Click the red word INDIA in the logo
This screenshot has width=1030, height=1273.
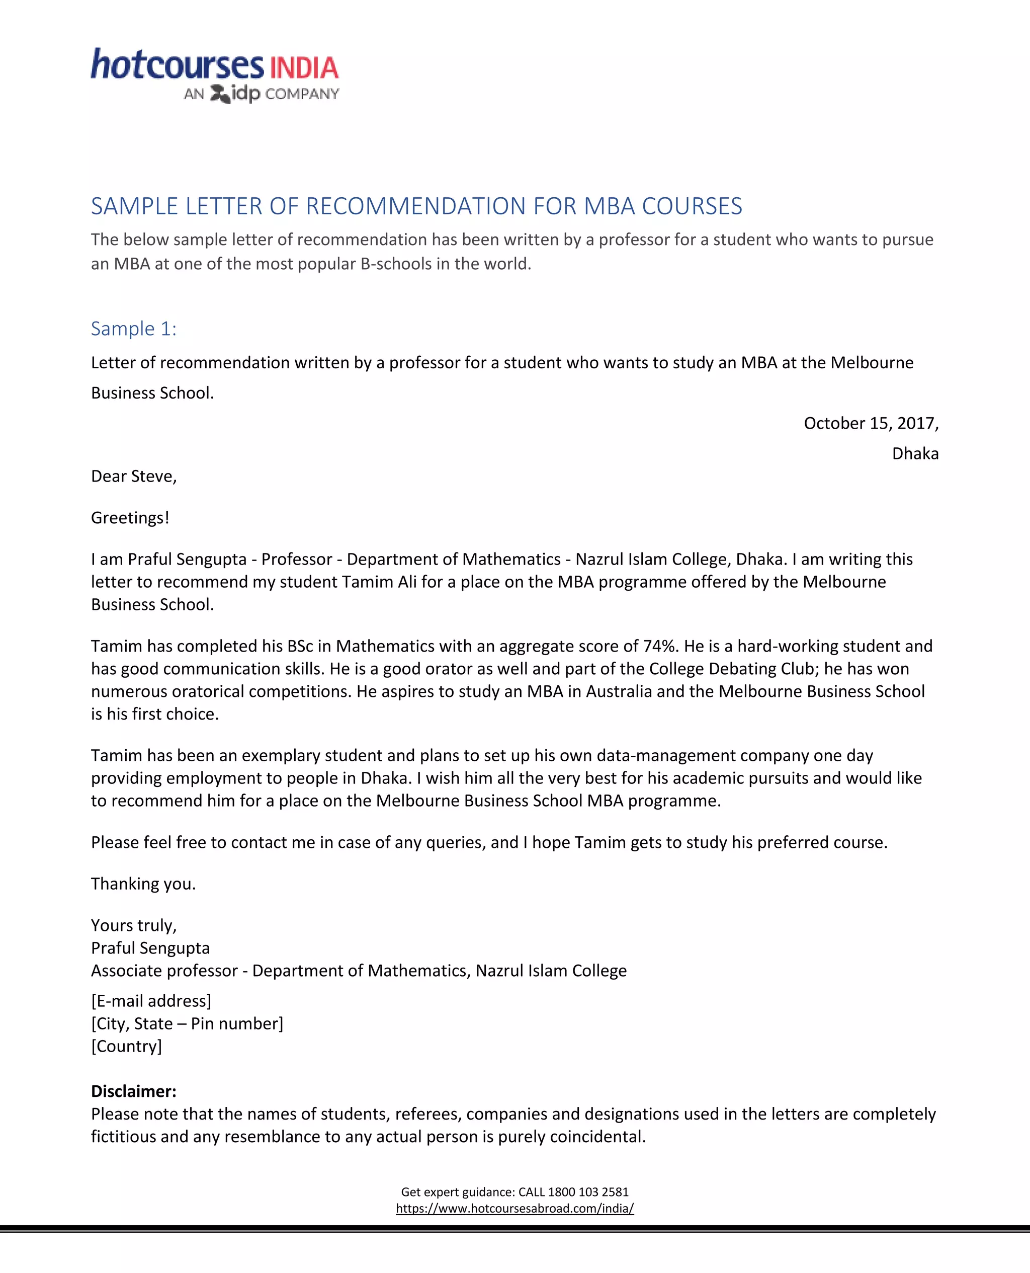[304, 68]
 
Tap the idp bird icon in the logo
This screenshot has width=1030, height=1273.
[220, 94]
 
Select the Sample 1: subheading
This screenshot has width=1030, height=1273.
[133, 328]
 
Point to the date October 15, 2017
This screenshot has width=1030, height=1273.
[870, 423]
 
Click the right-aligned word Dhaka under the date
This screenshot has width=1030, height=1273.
[915, 453]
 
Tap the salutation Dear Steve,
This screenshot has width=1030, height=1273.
[133, 476]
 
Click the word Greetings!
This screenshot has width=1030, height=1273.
[130, 518]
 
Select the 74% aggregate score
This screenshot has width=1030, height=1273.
[661, 646]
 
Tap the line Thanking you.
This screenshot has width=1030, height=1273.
[143, 884]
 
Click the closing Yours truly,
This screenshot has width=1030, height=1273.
[133, 925]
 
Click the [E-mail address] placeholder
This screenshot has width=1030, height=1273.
[151, 1001]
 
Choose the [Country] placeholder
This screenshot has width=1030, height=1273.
[126, 1046]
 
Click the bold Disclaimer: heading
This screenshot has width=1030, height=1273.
[133, 1091]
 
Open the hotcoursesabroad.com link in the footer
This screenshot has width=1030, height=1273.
[514, 1208]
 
